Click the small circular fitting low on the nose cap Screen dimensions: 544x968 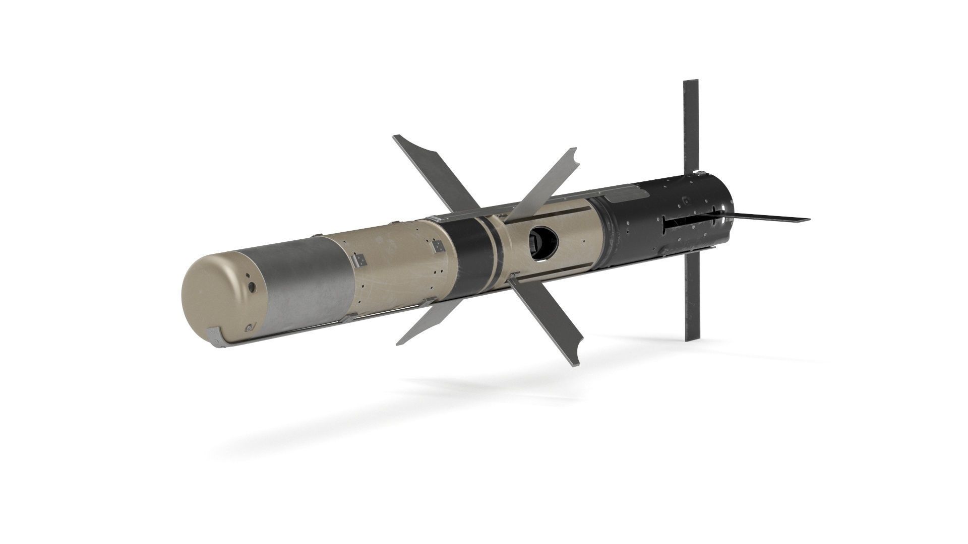tap(249, 328)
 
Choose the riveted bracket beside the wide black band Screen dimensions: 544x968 tap(438, 246)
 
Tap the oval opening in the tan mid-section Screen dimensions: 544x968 tap(542, 239)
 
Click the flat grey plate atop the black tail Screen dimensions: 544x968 tap(625, 195)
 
